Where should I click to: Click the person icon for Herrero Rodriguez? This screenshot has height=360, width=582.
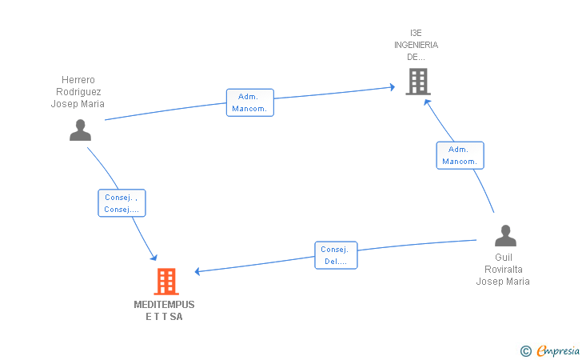[80, 130]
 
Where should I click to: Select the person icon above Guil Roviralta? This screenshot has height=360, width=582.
[505, 236]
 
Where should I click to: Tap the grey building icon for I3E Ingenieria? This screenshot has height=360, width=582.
[417, 82]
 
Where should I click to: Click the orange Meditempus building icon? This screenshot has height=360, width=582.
[165, 281]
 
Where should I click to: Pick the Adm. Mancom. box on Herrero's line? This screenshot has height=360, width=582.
[249, 102]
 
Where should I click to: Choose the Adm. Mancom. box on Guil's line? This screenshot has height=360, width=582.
[460, 155]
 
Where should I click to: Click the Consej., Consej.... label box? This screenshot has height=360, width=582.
[122, 203]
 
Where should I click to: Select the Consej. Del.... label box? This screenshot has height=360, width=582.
[336, 255]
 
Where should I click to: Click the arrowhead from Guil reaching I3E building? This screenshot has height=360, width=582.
[427, 101]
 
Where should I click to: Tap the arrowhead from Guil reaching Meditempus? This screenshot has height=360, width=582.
[197, 271]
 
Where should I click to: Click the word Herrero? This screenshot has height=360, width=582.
[78, 80]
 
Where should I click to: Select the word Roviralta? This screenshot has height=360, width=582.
[503, 270]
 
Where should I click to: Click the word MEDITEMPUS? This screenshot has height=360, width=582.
[164, 305]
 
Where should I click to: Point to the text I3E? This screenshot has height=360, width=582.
[416, 33]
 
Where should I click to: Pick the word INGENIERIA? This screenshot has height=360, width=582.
[416, 45]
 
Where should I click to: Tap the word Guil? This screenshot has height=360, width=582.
[504, 258]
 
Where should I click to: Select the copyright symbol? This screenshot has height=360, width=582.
[525, 350]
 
